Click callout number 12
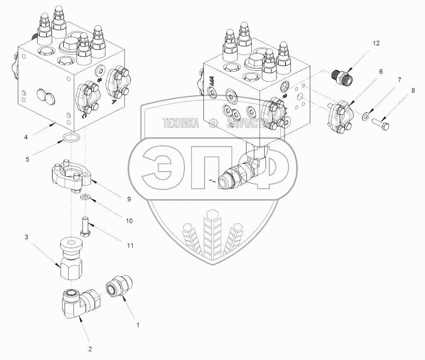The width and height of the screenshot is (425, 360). pyautogui.click(x=376, y=43)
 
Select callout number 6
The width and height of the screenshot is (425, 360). pyautogui.click(x=380, y=71)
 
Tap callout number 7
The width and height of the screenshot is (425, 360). pyautogui.click(x=399, y=80)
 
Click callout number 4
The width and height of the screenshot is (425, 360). pyautogui.click(x=26, y=137)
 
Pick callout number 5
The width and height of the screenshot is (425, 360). pyautogui.click(x=27, y=158)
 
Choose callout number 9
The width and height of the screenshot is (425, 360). pyautogui.click(x=129, y=199)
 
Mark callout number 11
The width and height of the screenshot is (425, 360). pyautogui.click(x=130, y=246)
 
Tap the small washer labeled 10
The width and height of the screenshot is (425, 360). pyautogui.click(x=85, y=196)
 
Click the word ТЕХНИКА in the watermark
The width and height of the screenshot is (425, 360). pyautogui.click(x=181, y=123)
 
